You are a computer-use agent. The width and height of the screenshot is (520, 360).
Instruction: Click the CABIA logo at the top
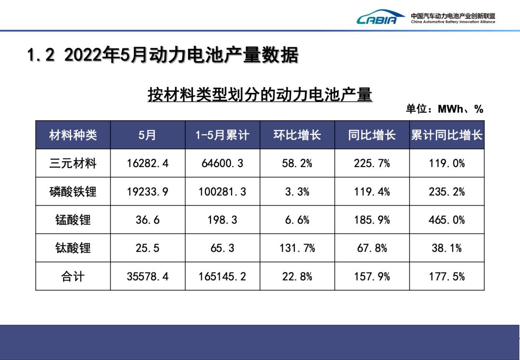(377, 18)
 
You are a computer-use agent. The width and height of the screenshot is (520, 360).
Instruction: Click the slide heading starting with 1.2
(163, 55)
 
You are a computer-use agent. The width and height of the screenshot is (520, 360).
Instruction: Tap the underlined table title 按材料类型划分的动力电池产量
(260, 94)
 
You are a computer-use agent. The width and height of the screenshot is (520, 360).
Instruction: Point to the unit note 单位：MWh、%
(444, 109)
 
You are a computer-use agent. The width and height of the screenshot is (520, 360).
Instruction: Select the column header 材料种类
(73, 135)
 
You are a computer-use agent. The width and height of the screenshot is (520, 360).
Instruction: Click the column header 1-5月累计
(222, 135)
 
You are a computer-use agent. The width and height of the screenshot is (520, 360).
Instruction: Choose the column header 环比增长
(297, 135)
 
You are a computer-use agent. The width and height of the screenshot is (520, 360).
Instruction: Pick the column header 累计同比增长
(447, 135)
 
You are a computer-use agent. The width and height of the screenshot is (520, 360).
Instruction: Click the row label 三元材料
(73, 164)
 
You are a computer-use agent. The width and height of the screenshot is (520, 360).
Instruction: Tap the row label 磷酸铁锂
(73, 192)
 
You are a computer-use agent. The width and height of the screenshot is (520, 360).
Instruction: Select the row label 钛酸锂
(73, 248)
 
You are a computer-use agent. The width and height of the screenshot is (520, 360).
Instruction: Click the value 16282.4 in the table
(148, 164)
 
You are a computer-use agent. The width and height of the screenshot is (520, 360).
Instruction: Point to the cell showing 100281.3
(222, 192)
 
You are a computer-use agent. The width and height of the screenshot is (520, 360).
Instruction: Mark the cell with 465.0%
(447, 220)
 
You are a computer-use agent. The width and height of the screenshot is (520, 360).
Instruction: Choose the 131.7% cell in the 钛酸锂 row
(297, 248)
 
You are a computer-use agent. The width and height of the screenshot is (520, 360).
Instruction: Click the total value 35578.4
(148, 277)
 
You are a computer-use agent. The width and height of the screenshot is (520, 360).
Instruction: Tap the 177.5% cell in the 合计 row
(447, 277)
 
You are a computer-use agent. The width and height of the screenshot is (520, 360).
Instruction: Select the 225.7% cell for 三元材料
(372, 164)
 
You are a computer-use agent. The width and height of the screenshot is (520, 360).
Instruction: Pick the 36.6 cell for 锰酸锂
(148, 220)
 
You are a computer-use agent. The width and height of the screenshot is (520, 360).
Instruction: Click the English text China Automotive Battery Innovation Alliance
(453, 22)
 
